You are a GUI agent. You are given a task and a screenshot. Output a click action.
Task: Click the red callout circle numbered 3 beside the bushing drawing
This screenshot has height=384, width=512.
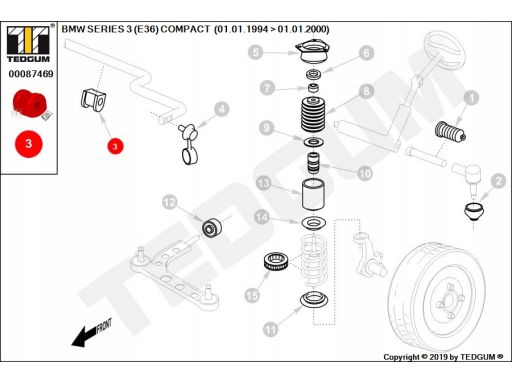tap(115, 146)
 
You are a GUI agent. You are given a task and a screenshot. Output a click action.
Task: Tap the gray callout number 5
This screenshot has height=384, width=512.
tap(256, 53)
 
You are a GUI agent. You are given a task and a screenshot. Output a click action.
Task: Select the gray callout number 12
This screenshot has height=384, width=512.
tap(170, 202)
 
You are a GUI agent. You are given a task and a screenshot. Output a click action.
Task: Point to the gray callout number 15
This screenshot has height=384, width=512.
tap(252, 295)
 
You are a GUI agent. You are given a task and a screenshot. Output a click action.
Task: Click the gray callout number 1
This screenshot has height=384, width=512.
tap(471, 98)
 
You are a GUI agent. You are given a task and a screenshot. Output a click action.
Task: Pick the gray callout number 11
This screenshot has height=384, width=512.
tap(270, 330)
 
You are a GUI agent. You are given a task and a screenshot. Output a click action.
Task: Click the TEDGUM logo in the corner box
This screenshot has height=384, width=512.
tap(28, 44)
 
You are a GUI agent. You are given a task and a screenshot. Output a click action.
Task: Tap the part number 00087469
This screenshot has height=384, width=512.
tap(31, 74)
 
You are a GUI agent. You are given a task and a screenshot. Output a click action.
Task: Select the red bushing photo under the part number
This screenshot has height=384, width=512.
tap(29, 103)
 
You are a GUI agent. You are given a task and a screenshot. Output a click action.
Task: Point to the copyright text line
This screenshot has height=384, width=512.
tap(443, 357)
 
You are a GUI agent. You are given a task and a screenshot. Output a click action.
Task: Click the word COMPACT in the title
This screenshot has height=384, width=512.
tap(185, 29)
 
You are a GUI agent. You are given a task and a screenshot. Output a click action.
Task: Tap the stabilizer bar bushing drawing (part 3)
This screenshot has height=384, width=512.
tap(93, 100)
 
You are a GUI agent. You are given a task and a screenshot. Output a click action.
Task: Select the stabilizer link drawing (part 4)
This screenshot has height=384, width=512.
tap(189, 145)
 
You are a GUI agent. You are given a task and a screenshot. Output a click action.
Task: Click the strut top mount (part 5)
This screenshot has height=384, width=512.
tap(313, 52)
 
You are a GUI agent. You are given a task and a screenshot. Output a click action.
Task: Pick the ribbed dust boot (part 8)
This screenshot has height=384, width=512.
tap(313, 114)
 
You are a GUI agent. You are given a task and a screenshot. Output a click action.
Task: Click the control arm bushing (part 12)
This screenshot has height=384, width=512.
tap(212, 227)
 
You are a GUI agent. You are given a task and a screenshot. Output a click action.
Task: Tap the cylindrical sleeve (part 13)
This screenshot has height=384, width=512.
tap(313, 194)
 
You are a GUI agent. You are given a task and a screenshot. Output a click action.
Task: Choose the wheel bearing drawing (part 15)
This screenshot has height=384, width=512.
tap(276, 261)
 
